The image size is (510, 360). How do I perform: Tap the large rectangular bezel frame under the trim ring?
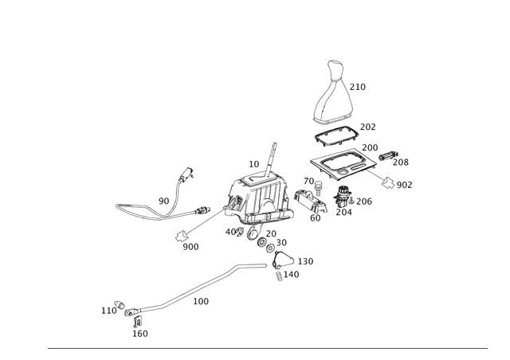coord(338,164)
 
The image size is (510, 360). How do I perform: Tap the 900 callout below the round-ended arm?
coord(191,248)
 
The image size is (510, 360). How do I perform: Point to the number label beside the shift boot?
coord(359,86)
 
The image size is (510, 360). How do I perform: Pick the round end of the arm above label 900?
coord(182,235)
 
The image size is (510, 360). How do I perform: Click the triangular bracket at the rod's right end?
coord(281,263)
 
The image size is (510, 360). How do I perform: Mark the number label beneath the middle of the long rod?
coord(203,300)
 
